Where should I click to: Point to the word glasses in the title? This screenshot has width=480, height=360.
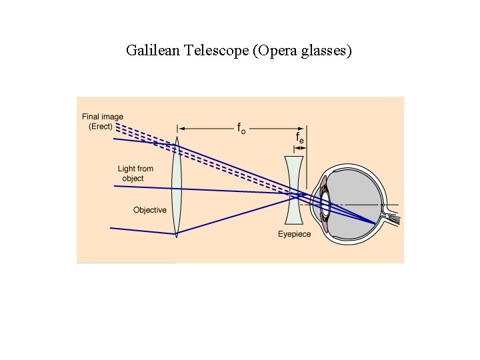coord(327,50)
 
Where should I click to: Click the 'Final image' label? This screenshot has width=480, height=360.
coord(103,117)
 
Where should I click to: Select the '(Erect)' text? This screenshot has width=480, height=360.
coord(101,127)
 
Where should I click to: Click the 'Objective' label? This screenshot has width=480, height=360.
coord(149,210)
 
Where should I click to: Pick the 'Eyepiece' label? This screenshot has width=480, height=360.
coord(294,234)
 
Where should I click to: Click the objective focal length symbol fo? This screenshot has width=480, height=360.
coord(241,128)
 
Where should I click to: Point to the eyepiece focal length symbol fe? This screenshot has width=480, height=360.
coord(301,137)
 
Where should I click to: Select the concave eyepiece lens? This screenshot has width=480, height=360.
coord(293,190)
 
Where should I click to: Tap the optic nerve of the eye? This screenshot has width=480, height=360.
coord(393,217)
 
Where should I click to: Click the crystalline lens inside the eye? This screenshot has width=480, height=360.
coord(325,204)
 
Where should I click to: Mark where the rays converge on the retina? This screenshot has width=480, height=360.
coord(377,223)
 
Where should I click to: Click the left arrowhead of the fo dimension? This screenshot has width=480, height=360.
coord(182,127)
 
